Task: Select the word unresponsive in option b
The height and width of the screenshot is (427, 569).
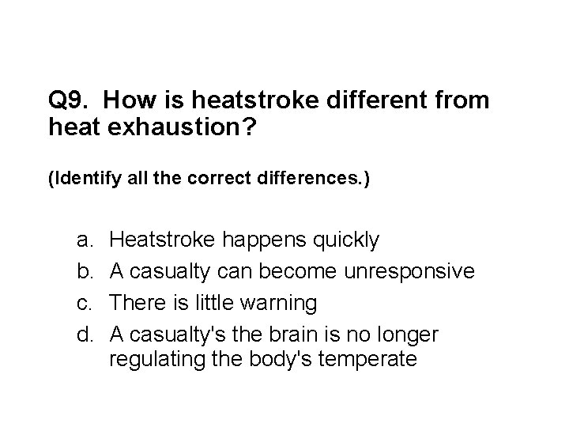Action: click(409, 271)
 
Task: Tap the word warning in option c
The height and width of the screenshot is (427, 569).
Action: click(281, 303)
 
